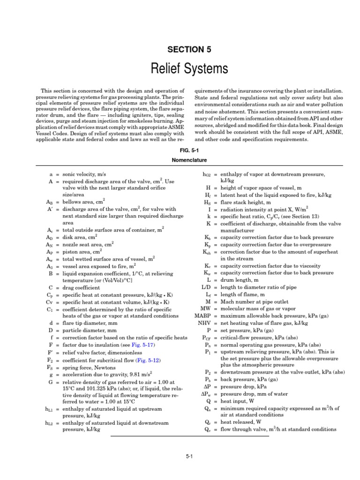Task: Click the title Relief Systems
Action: coord(190,69)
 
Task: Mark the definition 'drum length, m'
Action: coord(239,280)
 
